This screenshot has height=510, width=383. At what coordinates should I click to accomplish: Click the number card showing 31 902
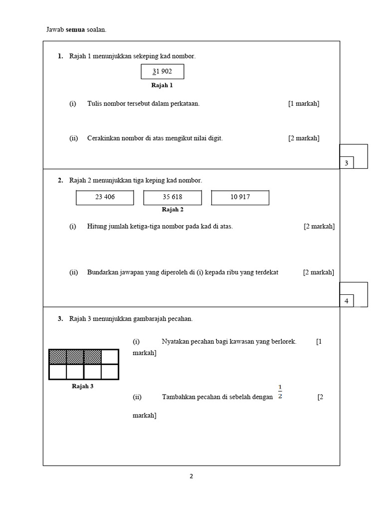coord(163,72)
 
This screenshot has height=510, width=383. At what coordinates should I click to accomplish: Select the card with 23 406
coord(105,197)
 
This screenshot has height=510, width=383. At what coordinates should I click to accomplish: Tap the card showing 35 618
coord(173,197)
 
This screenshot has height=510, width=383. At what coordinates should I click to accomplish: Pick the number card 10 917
coord(240,197)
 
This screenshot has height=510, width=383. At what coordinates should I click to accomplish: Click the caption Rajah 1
coord(162,85)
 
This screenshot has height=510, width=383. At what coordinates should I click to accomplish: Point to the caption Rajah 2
coord(173,210)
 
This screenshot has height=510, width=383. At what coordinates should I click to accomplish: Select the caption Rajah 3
coord(83,386)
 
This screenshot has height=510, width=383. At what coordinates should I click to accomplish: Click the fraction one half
coord(280,392)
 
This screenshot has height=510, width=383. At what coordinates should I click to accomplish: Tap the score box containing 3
coord(346,163)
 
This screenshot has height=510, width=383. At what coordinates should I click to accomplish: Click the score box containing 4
coord(346,301)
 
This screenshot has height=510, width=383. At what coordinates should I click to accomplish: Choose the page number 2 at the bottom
coord(191,476)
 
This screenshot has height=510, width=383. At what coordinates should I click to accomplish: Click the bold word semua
coord(75,30)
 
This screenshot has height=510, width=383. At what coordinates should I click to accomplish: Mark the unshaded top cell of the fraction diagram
coord(110,357)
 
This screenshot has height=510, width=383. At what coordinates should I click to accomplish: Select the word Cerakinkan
coord(104,138)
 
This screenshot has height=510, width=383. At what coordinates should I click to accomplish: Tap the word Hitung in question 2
coord(97,226)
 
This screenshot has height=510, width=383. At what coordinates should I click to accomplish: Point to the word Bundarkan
coord(102,272)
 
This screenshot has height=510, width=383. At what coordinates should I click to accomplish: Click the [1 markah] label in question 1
coord(304,104)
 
